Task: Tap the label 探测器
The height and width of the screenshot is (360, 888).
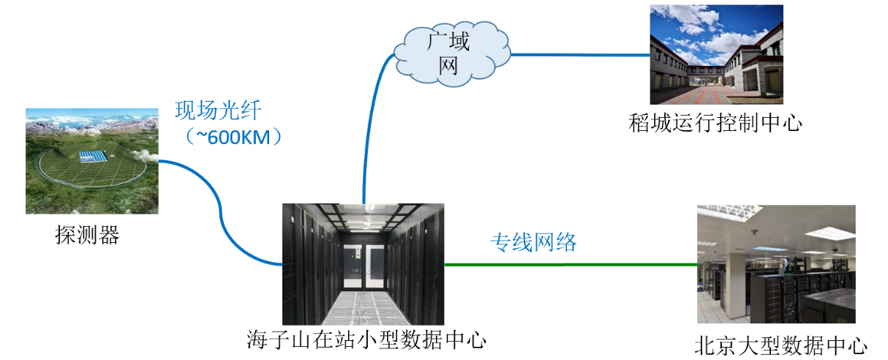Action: click(x=87, y=235)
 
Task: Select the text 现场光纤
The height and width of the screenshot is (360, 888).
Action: click(x=218, y=111)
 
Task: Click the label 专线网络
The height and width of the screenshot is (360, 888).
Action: click(x=533, y=242)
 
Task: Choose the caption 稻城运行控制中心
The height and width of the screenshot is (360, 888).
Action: click(x=715, y=122)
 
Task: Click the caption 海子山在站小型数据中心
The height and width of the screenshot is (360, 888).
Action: click(x=366, y=340)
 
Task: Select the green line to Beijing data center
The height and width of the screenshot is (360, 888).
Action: click(x=571, y=265)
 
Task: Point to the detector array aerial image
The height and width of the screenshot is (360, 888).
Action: click(x=91, y=161)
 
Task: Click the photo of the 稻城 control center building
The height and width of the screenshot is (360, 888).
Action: click(x=716, y=55)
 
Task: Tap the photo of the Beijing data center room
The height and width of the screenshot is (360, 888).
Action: click(x=775, y=264)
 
